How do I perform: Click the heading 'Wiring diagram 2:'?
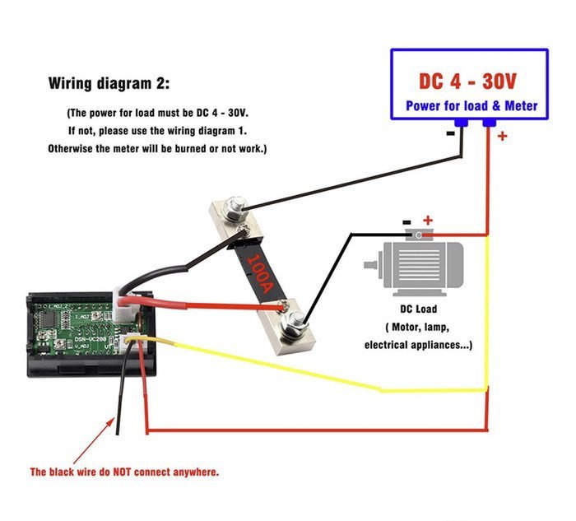(110, 83)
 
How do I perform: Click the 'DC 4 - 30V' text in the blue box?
(467, 81)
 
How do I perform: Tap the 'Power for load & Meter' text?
(471, 106)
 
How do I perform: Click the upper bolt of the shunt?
(236, 205)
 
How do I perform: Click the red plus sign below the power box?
(502, 137)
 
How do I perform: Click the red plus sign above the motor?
(427, 220)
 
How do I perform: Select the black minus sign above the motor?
(406, 221)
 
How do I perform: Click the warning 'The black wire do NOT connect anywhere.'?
(124, 472)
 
